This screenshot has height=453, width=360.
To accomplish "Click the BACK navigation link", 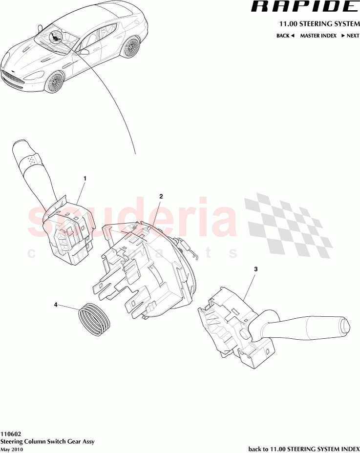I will tap(285, 36).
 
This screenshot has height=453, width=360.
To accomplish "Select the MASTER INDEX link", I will tap(318, 36).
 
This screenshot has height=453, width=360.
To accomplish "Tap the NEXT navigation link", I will tap(350, 36).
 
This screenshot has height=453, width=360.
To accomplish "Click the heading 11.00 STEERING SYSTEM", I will tap(319, 24).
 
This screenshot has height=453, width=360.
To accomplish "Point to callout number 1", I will tap(85, 179).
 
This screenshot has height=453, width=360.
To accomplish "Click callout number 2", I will tap(161, 196).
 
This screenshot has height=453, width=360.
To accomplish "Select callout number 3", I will tap(255, 269).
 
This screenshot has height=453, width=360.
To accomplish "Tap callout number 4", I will tap(56, 305).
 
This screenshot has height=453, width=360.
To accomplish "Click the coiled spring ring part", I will tap(95, 319).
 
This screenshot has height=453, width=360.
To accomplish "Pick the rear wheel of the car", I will tap(130, 47).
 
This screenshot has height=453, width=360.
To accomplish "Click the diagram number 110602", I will tap(11, 433).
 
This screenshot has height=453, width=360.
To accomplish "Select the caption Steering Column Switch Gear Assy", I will tap(47, 441).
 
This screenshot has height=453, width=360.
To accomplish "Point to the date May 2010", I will tap(11, 449).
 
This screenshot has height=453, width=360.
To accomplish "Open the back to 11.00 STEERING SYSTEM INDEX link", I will tap(304, 449).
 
